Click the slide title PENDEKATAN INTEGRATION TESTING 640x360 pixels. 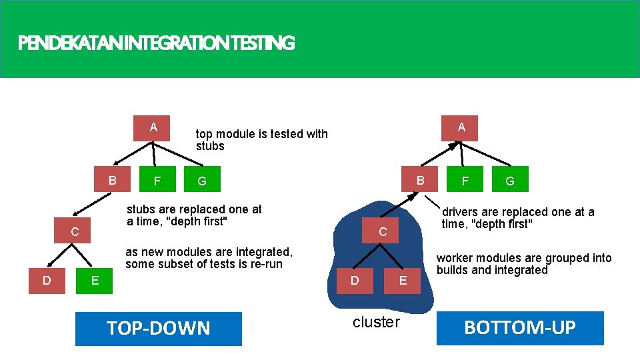[156, 44]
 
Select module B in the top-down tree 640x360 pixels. [113, 180]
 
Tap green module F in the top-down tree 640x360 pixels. [157, 181]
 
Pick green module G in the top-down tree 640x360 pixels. [201, 181]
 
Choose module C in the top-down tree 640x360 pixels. [75, 232]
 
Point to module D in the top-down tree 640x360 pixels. [47, 281]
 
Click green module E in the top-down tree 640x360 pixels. [95, 281]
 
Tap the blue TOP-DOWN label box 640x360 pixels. [159, 328]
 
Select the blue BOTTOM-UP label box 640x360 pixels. [520, 328]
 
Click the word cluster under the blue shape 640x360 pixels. [376, 323]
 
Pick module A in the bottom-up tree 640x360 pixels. [461, 127]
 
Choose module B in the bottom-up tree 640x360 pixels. [420, 180]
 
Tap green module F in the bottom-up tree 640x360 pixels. [465, 180]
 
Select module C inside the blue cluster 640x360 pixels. [383, 233]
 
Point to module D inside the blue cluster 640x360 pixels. [355, 281]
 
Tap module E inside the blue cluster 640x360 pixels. [403, 281]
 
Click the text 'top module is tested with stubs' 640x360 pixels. [261, 140]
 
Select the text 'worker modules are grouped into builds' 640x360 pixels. [523, 264]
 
